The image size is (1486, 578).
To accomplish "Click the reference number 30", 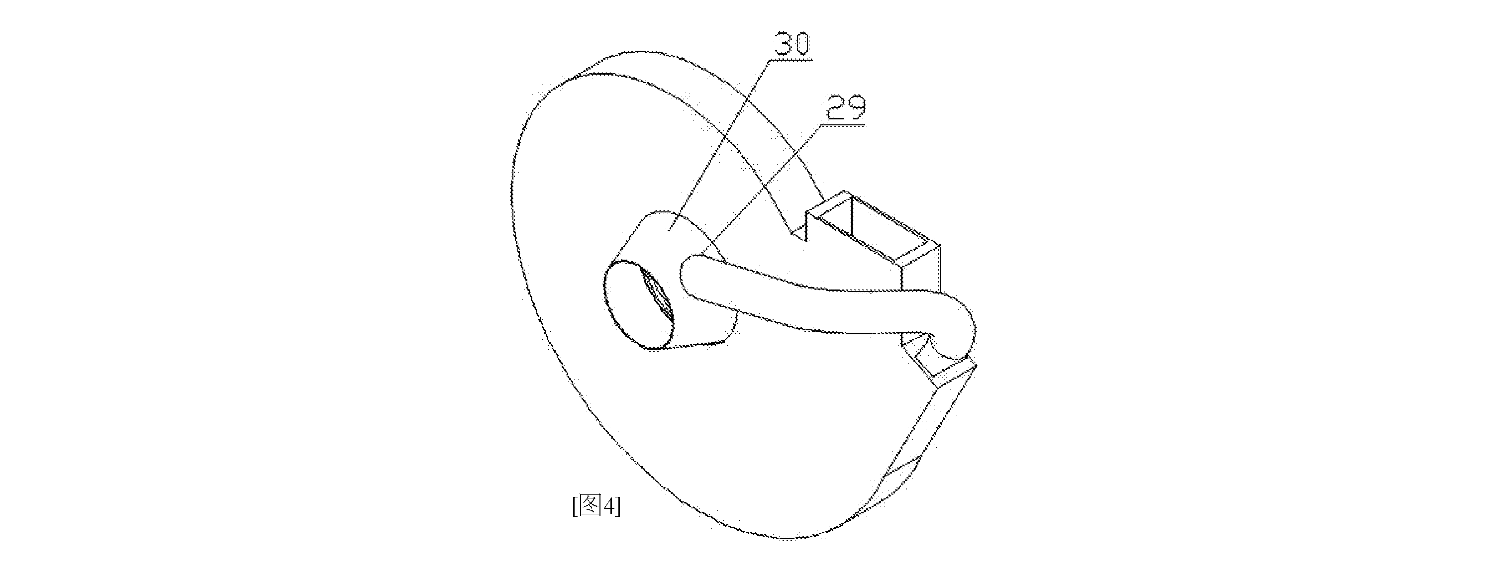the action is [x=792, y=44].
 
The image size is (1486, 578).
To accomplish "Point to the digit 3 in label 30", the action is [x=782, y=44].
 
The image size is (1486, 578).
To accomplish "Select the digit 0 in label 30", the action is [x=802, y=44].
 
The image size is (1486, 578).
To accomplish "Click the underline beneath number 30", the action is [x=792, y=59].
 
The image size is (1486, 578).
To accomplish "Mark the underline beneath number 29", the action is [x=846, y=122].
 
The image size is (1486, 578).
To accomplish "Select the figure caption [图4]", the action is [x=596, y=506].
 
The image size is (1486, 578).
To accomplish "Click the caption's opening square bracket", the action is [x=575, y=506].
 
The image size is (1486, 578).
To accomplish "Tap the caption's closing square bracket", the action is [x=618, y=506].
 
